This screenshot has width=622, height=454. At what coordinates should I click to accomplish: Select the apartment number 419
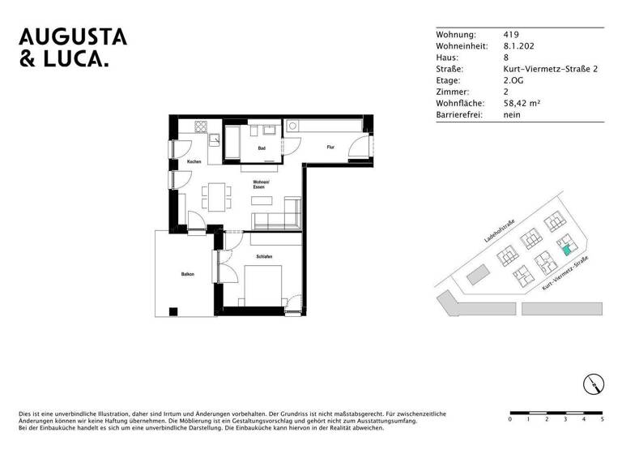pos(511,35)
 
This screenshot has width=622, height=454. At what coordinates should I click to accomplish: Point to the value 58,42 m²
pos(522,104)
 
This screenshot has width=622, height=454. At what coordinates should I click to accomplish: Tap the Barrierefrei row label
pos(459,115)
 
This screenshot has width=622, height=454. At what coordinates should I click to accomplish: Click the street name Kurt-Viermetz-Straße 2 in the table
pos(550,70)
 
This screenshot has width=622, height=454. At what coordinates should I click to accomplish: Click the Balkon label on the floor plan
pos(188,275)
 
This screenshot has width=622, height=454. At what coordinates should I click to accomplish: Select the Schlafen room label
pos(264,257)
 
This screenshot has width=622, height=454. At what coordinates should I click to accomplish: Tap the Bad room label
pos(262,148)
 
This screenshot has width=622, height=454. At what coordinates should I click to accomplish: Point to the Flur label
pos(330,148)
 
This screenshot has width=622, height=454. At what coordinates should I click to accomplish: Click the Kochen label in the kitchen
pos(194,162)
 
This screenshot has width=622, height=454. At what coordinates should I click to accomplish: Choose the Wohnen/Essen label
pos(259,184)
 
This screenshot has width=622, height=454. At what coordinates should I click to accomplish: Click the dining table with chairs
pos(215,195)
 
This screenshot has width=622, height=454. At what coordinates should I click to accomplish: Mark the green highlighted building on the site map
pos(565,249)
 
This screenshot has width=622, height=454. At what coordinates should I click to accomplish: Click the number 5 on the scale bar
pos(602,420)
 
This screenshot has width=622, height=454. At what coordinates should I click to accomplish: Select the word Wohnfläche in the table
pos(460,104)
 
